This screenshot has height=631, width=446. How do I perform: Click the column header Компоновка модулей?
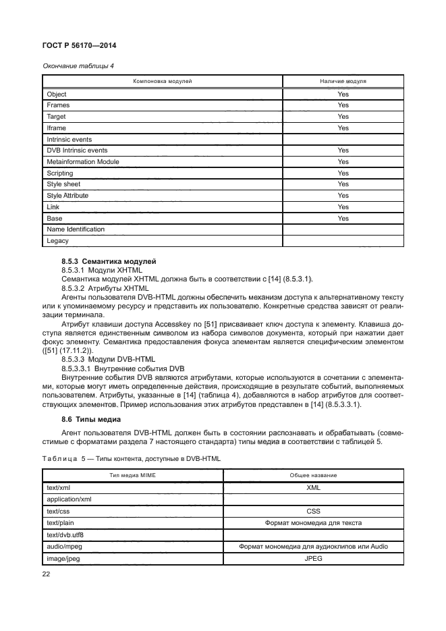[x=162, y=81]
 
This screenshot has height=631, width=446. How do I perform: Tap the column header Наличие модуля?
[x=343, y=81]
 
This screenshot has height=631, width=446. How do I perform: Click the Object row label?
[x=56, y=94]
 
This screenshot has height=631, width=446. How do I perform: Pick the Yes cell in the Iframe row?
[x=343, y=128]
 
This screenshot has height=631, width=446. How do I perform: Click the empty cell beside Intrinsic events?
[x=343, y=139]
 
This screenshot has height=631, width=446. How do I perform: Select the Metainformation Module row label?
[x=82, y=162]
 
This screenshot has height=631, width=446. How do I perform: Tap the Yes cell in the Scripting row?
[x=343, y=173]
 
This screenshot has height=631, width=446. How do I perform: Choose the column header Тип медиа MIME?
[x=132, y=476]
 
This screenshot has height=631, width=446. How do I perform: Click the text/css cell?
[x=58, y=512]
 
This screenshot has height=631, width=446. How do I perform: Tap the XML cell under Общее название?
[x=313, y=487]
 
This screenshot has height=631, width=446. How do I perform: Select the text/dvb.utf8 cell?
[x=65, y=534]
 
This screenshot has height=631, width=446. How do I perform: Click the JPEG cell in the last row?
[x=313, y=557]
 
